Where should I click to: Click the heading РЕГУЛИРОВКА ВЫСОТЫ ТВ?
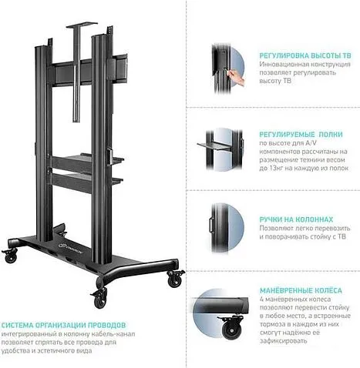coord(305,55)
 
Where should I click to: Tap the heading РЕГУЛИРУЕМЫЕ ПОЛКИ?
coord(301,135)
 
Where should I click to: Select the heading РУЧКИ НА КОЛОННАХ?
coord(296,219)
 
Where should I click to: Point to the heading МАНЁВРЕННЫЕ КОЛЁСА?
coord(301,291)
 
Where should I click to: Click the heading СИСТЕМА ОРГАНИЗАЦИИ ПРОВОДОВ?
coord(63,326)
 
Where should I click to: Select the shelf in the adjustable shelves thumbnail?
coord(214,146)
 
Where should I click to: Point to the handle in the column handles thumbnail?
coord(211,226)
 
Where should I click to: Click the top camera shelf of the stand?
coord(82,25)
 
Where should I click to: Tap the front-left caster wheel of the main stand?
coord(11,256)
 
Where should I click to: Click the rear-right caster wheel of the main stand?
coord(175,279)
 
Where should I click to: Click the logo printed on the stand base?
coord(71,248)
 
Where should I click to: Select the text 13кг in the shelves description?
coord(274,169)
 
